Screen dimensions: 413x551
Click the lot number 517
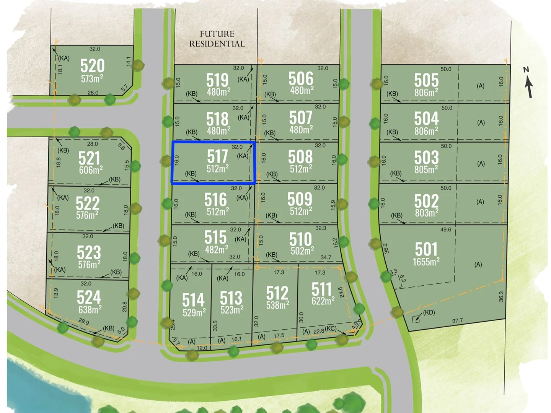point(217,156)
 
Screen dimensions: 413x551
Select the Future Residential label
point(217,39)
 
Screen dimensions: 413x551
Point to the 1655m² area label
point(426,262)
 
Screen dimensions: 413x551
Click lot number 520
point(92,66)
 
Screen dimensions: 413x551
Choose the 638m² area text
point(90,309)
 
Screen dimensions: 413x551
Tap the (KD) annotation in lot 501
point(429,312)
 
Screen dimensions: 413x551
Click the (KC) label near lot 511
point(331,328)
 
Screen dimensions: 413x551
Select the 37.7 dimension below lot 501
point(457,321)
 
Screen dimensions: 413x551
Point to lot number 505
point(426,80)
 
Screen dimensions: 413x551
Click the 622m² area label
point(323,301)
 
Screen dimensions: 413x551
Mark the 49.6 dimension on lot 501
point(446,230)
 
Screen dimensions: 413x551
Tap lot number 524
point(89,297)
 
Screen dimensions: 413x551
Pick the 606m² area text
point(91,170)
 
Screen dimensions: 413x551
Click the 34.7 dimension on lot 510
point(326,257)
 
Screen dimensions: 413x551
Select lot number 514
point(193,300)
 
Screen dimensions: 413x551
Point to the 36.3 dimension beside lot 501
point(501,296)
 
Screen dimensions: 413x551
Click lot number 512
point(277,293)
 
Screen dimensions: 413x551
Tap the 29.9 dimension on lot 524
point(83,322)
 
